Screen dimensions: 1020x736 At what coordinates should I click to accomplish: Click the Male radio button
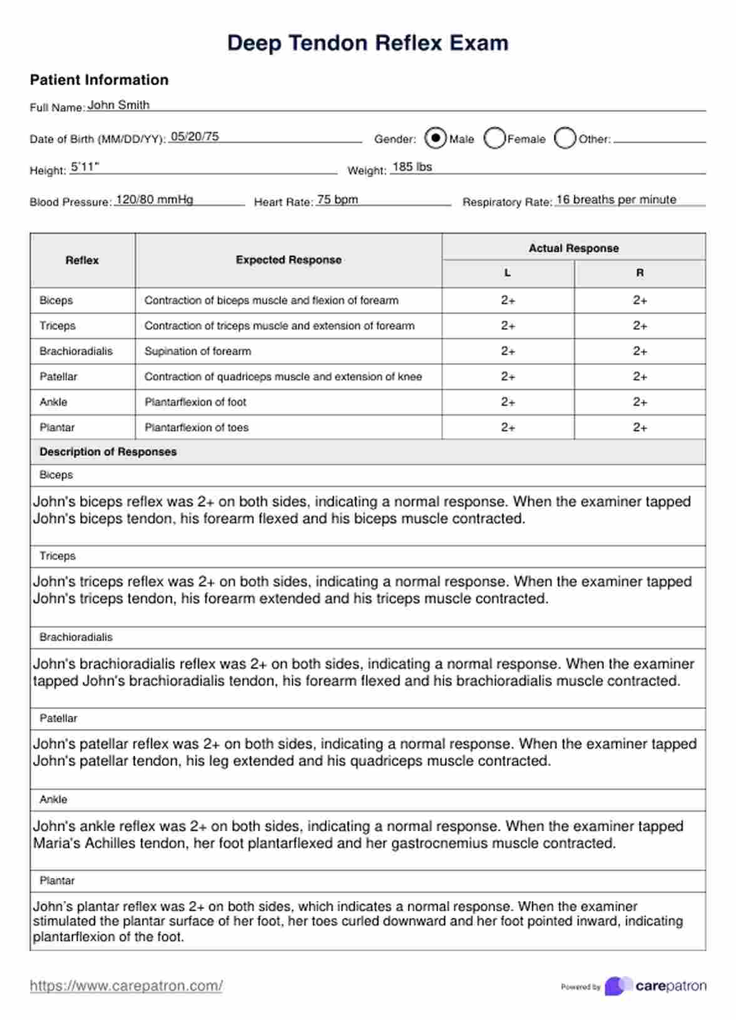tap(435, 138)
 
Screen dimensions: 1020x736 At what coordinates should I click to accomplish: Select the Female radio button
tap(494, 138)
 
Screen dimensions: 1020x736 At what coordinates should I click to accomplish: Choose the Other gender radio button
tap(565, 138)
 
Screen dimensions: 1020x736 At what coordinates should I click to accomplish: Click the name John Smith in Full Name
tap(118, 105)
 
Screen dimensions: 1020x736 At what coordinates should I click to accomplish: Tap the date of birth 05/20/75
tap(195, 136)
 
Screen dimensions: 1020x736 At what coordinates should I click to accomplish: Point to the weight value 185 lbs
tap(412, 167)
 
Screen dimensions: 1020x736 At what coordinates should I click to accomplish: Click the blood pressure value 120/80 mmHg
tap(155, 200)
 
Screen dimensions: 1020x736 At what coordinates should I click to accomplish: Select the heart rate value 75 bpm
tap(337, 200)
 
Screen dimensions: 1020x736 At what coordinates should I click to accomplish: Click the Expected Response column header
tap(289, 260)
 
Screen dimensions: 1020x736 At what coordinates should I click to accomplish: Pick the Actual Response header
tap(573, 248)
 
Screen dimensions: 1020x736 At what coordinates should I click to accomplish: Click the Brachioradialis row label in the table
tap(76, 351)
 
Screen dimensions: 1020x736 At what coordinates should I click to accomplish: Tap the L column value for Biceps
tap(508, 300)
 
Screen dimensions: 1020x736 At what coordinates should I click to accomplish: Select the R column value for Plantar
tap(640, 427)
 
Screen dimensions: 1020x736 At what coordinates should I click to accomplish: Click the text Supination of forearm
tap(198, 351)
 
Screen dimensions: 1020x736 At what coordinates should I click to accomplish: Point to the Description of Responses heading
tap(108, 452)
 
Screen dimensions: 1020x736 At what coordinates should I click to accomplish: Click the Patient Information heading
tap(99, 80)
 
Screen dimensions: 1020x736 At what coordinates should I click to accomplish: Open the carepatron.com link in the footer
tap(126, 986)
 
